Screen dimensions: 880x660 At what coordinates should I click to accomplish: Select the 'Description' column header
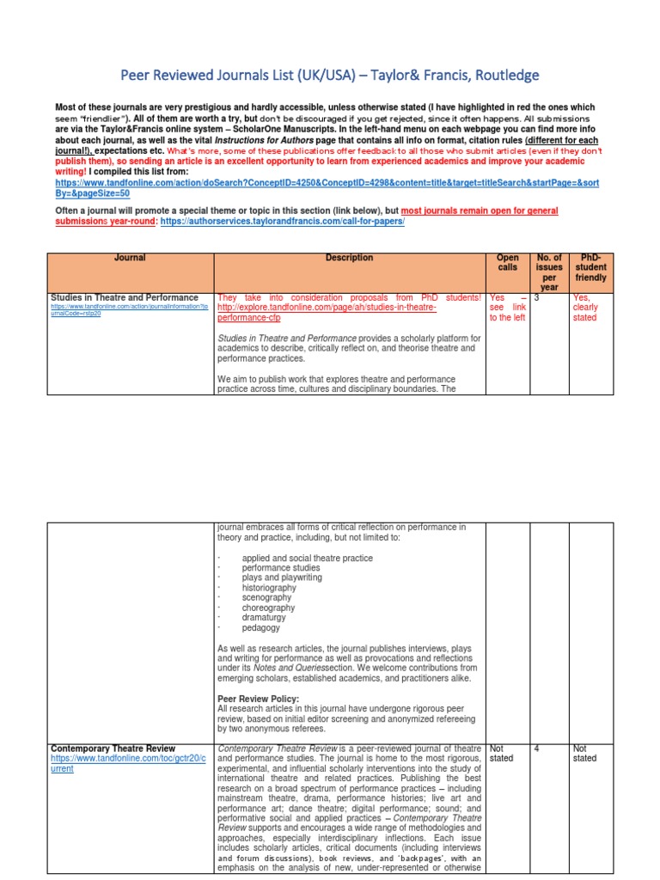click(349, 258)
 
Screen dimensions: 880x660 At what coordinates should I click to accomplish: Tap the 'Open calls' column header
click(507, 263)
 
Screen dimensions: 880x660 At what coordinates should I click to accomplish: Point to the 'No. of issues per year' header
click(548, 272)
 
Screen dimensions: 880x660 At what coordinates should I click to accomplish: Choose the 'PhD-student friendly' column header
click(590, 267)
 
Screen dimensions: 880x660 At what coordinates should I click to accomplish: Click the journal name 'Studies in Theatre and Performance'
click(125, 297)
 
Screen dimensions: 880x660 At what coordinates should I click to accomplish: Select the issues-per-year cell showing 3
click(537, 297)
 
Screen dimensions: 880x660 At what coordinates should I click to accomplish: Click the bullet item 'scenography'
click(268, 596)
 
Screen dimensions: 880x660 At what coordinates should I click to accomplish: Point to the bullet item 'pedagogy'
click(262, 627)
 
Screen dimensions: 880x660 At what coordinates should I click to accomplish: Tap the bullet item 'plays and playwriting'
click(282, 577)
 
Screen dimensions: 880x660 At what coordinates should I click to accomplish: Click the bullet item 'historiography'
click(269, 588)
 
